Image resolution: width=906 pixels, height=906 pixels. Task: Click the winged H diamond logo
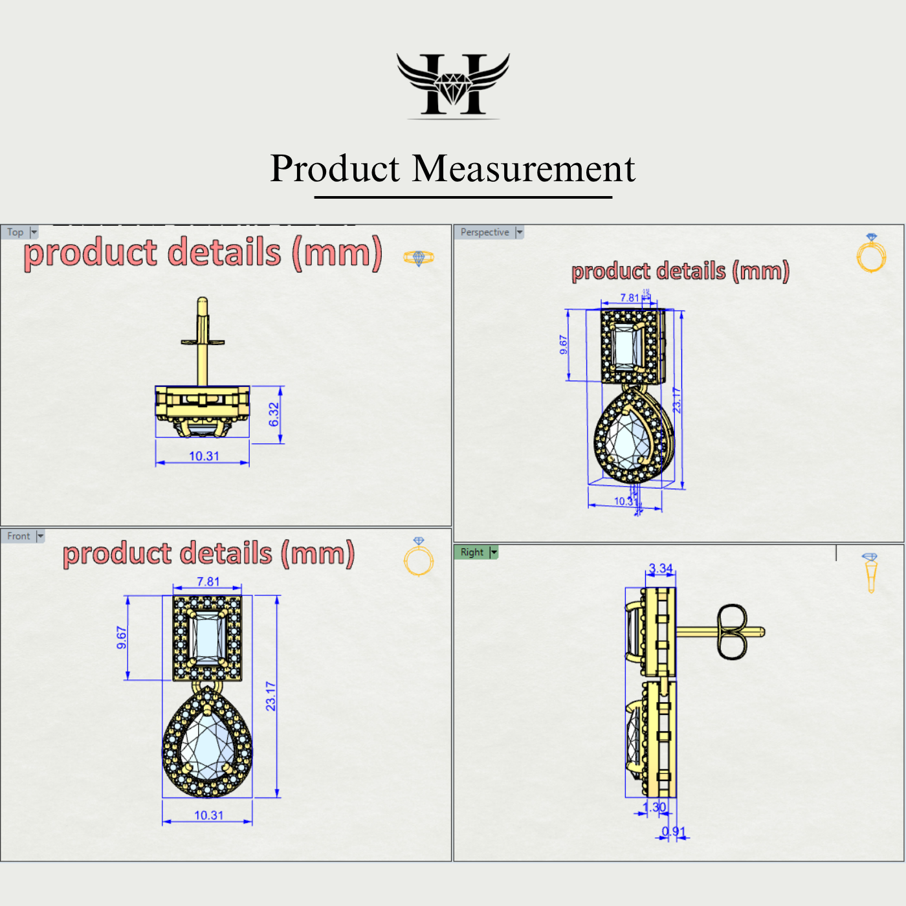[x=453, y=85]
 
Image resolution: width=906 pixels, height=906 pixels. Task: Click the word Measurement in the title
[x=524, y=169]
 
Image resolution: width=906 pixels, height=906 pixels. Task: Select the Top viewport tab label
[x=16, y=232]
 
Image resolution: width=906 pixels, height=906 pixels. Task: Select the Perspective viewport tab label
[x=485, y=232]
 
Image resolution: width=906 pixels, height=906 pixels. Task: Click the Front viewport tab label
[x=19, y=536]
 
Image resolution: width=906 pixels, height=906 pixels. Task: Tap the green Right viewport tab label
[x=472, y=552]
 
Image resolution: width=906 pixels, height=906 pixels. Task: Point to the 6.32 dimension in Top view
[x=274, y=414]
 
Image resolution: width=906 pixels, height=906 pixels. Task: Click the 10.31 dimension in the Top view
[x=204, y=456]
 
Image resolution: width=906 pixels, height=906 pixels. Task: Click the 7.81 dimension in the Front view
[x=208, y=582]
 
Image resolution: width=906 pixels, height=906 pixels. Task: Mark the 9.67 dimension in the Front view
[x=122, y=637]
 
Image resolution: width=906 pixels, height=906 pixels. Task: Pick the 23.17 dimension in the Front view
[x=271, y=696]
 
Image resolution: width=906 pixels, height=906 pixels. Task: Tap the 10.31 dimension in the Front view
[x=208, y=815]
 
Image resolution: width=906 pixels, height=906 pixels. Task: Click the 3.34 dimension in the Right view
[x=661, y=569]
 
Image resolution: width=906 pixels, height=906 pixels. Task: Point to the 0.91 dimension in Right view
[x=673, y=832]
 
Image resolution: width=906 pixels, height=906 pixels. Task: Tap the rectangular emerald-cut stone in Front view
[x=206, y=637]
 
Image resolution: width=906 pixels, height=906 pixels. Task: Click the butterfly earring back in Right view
[x=732, y=632]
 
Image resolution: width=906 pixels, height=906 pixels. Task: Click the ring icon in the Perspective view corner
[x=871, y=254]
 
